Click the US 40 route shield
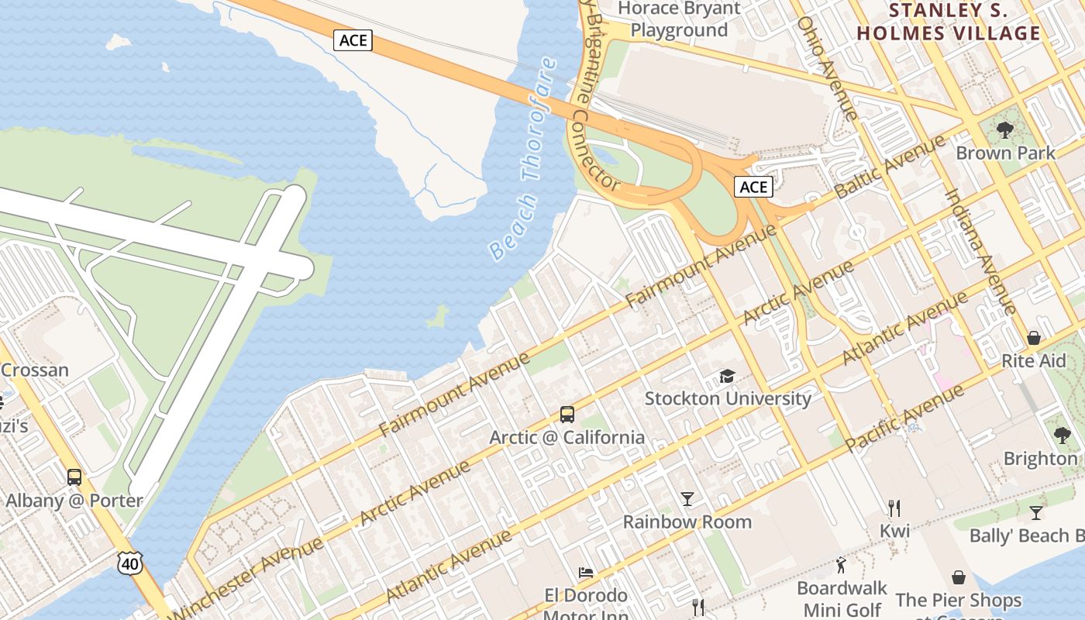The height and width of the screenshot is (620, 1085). pyautogui.click(x=130, y=563)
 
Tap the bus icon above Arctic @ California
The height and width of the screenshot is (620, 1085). pyautogui.click(x=567, y=415)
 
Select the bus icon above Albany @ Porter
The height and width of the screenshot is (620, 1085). pyautogui.click(x=74, y=477)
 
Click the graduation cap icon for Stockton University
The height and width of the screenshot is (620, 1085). pyautogui.click(x=727, y=376)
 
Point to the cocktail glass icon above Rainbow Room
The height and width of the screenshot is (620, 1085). pyautogui.click(x=687, y=498)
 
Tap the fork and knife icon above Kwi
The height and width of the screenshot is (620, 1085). pyautogui.click(x=894, y=508)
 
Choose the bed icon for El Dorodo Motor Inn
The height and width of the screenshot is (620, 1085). pyautogui.click(x=586, y=573)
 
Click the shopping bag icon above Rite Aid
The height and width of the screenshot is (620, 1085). pyautogui.click(x=1033, y=338)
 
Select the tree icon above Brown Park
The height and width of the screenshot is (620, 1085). pyautogui.click(x=1005, y=129)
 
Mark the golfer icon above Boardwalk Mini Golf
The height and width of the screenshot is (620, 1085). pyautogui.click(x=842, y=565)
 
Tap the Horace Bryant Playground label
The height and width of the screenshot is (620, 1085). pyautogui.click(x=679, y=19)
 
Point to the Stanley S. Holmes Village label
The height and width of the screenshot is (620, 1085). pyautogui.click(x=949, y=22)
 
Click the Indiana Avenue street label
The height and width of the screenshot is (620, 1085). pyautogui.click(x=979, y=252)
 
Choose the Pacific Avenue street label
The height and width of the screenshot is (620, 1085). pyautogui.click(x=905, y=418)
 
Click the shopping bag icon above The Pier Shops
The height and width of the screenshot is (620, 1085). pyautogui.click(x=959, y=577)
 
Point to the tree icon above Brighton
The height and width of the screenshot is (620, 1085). pyautogui.click(x=1062, y=435)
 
